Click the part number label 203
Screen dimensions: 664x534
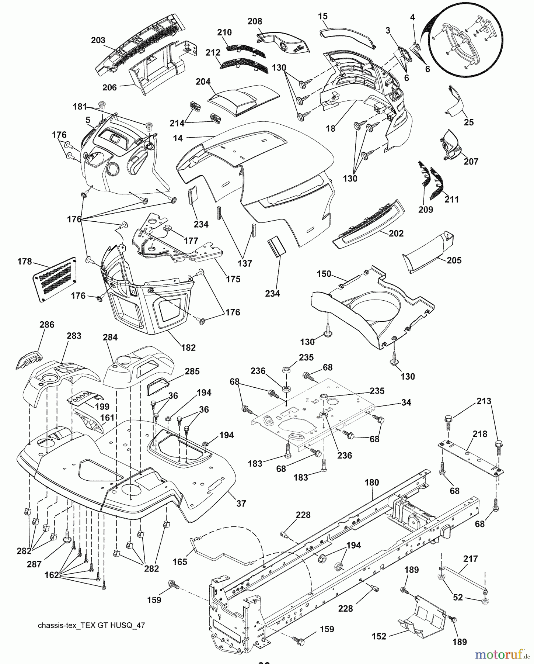[x=98, y=40]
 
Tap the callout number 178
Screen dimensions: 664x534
[x=25, y=262]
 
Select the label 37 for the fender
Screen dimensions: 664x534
[x=241, y=503]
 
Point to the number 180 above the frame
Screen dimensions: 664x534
[x=372, y=482]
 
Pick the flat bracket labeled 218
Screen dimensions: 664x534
[x=470, y=458]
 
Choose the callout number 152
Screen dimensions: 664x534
[x=379, y=636]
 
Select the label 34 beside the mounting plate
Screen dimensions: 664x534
[x=406, y=402]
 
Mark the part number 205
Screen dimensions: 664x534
[x=454, y=260]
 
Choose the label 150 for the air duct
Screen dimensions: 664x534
[x=324, y=274]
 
